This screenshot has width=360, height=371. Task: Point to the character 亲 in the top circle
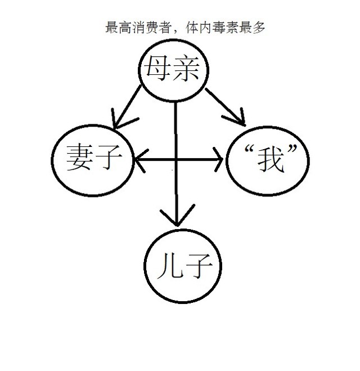(190, 70)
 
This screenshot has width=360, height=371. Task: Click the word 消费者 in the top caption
(146, 26)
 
